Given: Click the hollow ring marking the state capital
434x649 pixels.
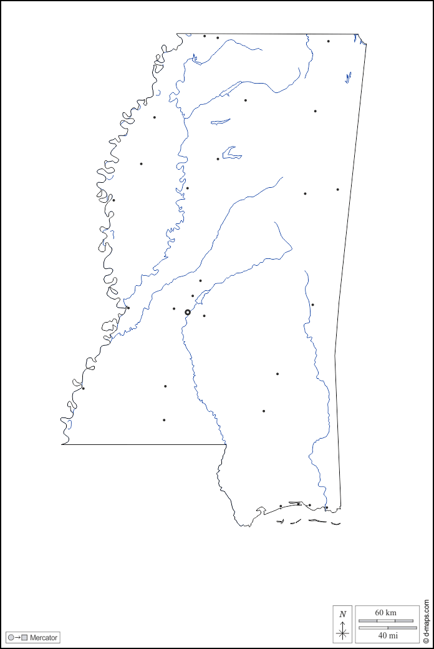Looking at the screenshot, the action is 188,312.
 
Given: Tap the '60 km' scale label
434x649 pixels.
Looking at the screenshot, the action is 385,613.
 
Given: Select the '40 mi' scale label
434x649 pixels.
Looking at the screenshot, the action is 387,635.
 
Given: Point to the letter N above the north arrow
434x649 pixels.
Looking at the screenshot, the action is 342,614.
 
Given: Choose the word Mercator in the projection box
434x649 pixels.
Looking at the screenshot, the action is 44,638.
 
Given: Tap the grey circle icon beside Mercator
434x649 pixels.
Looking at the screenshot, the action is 11,638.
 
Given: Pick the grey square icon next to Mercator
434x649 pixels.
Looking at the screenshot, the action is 24,638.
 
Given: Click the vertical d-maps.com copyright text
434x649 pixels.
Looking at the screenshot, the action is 427,622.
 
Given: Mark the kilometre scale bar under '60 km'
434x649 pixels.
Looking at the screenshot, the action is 385,621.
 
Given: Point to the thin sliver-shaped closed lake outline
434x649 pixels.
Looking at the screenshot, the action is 220,121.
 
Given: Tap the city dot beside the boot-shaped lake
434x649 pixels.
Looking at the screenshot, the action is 218,159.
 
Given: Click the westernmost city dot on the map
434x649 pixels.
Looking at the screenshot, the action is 83,388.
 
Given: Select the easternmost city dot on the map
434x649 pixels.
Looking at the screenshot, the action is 338,189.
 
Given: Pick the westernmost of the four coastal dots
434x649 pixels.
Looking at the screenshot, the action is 281,506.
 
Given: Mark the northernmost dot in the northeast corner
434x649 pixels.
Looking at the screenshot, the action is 328,41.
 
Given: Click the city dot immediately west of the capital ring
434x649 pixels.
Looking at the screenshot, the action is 174,308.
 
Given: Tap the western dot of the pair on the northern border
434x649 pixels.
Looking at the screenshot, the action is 205,36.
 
